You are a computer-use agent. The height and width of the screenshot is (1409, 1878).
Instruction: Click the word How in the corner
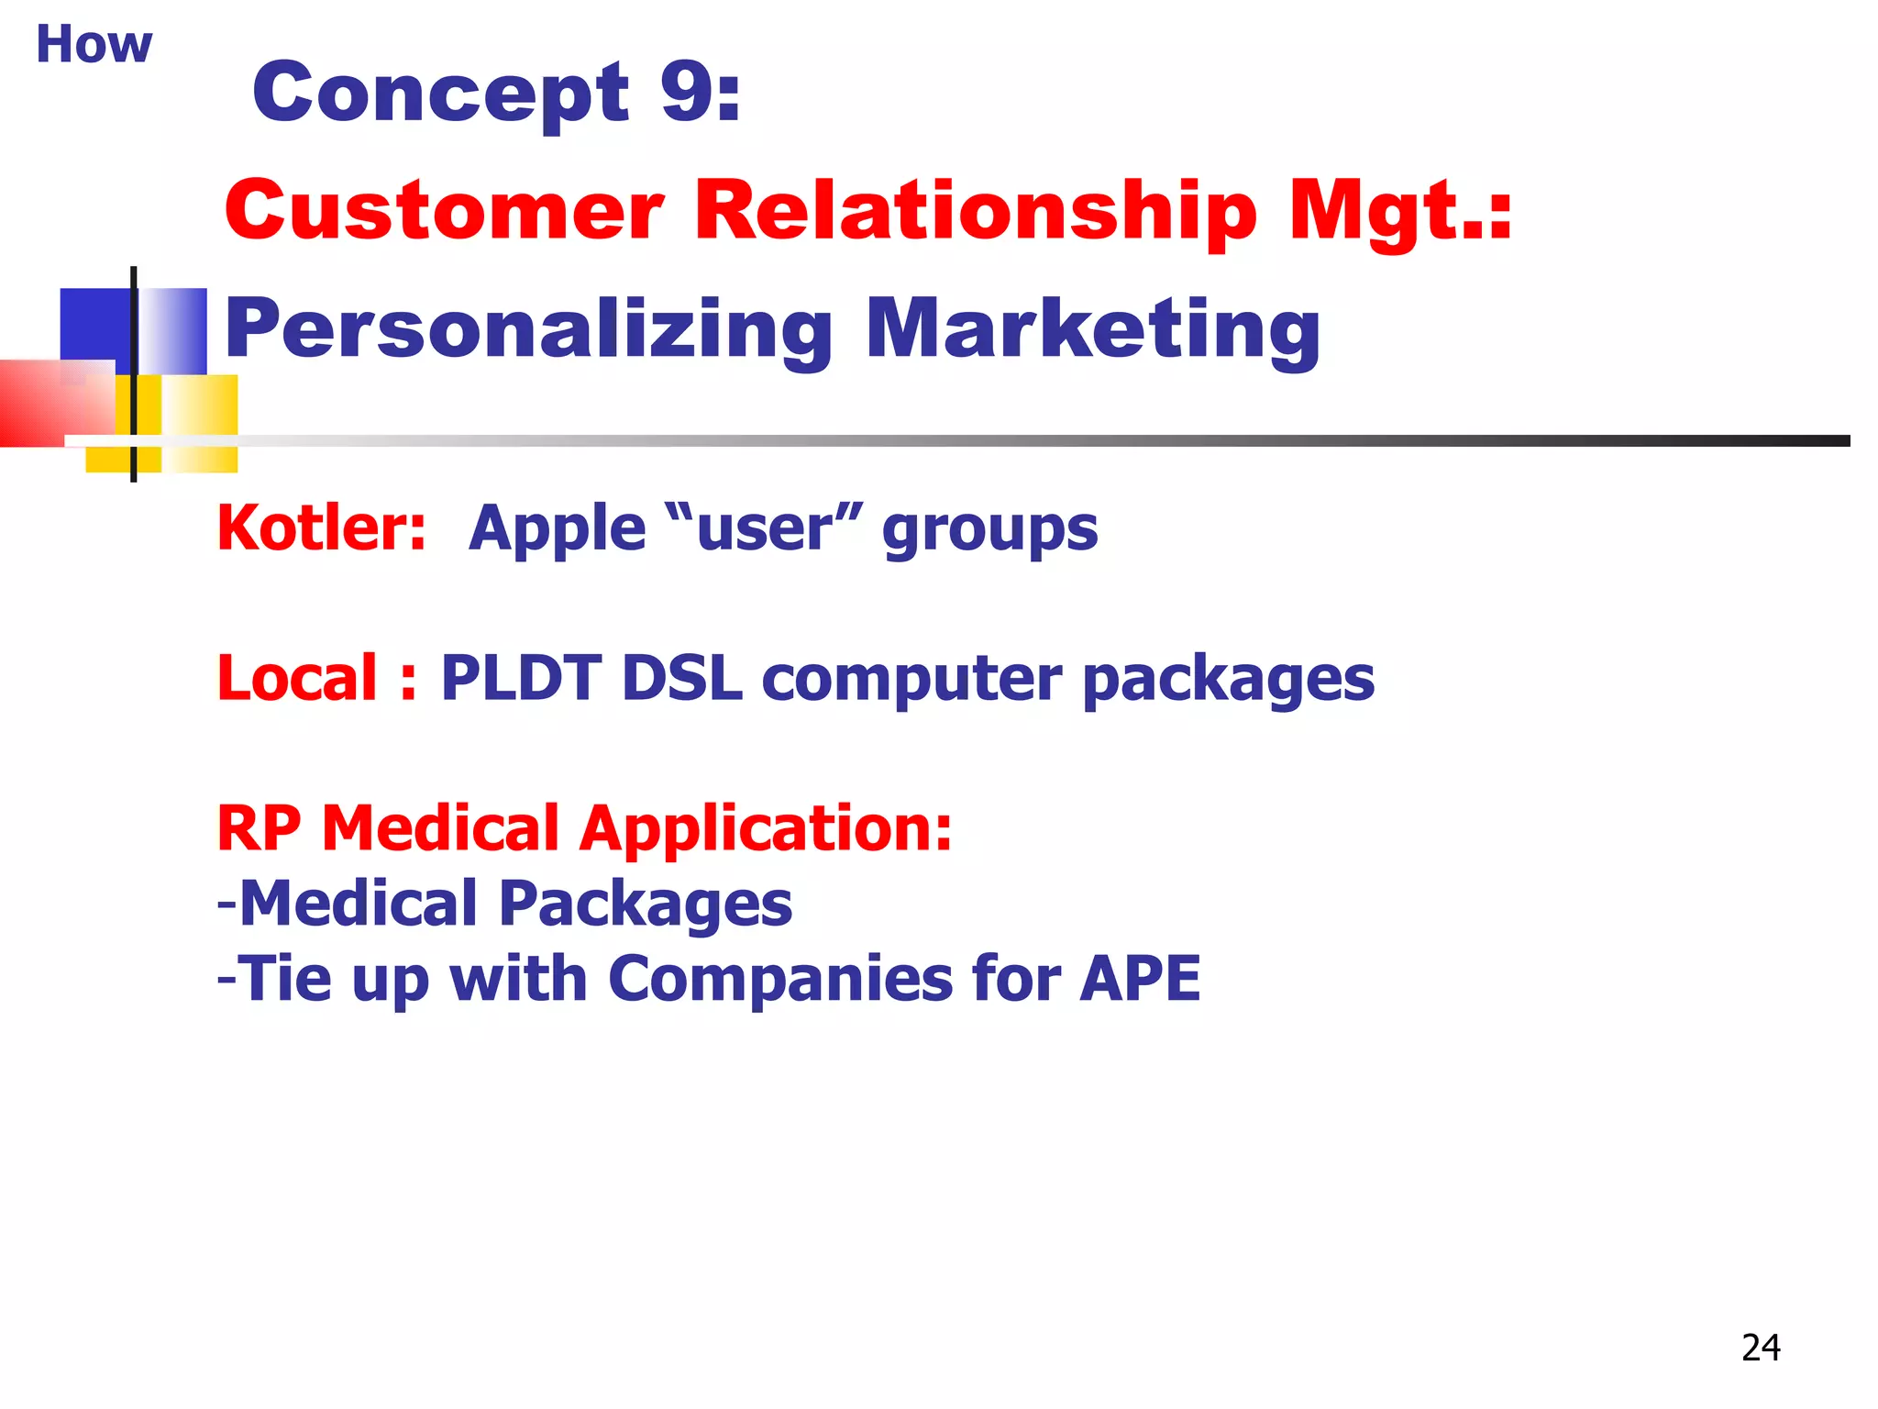click(x=94, y=44)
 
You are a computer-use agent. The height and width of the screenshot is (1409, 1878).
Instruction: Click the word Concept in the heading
click(x=440, y=94)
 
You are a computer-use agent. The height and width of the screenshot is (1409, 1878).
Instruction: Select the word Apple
click(x=557, y=530)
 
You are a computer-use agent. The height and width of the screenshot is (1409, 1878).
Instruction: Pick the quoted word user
click(x=765, y=530)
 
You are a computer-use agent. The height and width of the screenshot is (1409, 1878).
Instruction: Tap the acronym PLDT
click(x=520, y=678)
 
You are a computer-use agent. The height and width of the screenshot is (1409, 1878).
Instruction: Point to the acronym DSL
click(x=681, y=678)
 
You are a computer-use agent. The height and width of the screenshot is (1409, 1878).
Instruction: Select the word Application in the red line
click(x=765, y=829)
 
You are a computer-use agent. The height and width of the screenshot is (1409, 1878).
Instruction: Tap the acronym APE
click(x=1140, y=978)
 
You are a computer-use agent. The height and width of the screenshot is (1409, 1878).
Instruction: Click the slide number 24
click(x=1760, y=1348)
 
